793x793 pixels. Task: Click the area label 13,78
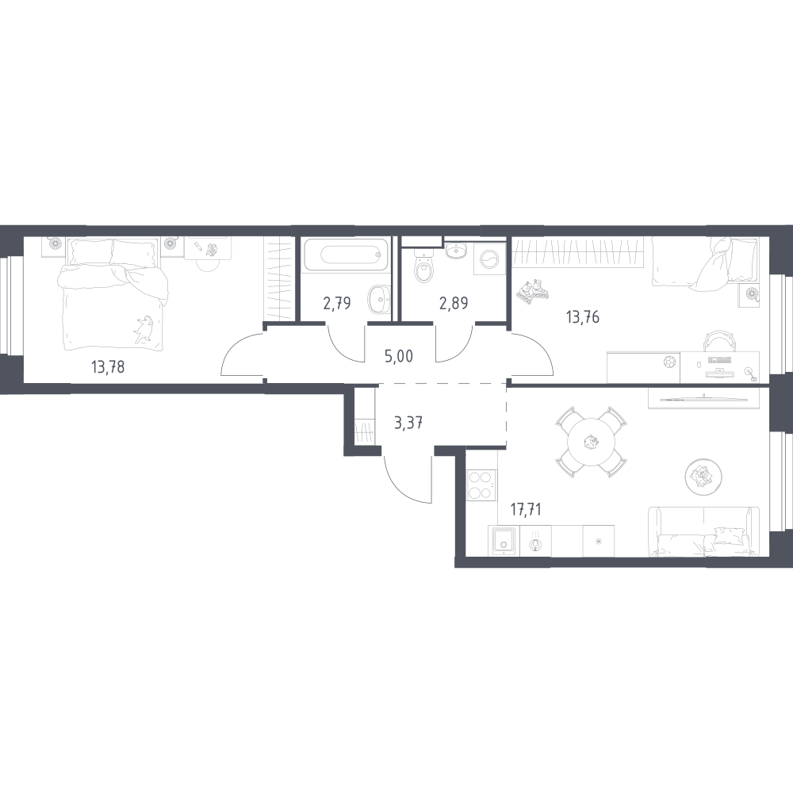(108, 366)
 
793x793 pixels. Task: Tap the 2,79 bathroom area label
(337, 303)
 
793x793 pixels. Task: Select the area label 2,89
(454, 303)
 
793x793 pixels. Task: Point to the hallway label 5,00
(399, 356)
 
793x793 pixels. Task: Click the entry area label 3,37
(408, 423)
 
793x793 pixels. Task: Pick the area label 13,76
(583, 317)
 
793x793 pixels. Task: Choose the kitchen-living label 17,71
(526, 509)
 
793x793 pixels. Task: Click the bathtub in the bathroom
(347, 255)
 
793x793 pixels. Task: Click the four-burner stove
(481, 485)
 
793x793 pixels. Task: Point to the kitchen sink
(504, 541)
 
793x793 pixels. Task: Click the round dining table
(591, 442)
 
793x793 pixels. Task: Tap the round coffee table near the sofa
(703, 476)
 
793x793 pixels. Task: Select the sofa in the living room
(703, 532)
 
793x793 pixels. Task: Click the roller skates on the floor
(533, 292)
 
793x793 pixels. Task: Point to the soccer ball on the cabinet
(669, 362)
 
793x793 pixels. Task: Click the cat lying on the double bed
(143, 329)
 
